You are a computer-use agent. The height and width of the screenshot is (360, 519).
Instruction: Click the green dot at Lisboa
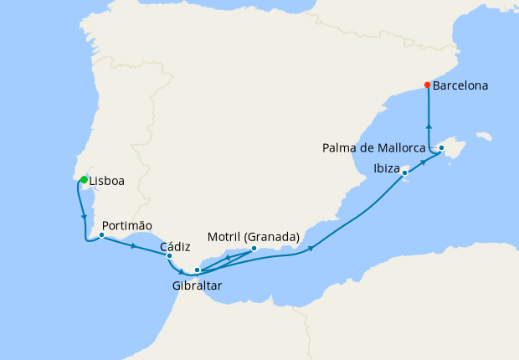pos(84,179)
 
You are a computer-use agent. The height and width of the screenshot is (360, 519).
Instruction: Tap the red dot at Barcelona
pos(428,85)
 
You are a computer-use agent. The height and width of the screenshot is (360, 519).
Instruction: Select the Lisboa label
pos(106,181)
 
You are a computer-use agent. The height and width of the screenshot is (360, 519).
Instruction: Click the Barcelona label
pos(461,85)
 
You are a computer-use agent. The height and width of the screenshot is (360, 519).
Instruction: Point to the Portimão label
pos(127,225)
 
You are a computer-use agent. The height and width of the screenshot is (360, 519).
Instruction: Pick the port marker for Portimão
pos(101,235)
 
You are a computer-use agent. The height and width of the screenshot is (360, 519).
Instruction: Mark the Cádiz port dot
pos(170,256)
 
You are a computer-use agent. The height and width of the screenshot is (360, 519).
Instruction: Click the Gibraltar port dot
pos(197,270)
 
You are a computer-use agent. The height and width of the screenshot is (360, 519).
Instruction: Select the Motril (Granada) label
pos(254,237)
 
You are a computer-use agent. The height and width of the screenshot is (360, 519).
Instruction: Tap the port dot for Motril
pos(254,248)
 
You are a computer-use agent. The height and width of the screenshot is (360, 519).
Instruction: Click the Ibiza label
pos(388,167)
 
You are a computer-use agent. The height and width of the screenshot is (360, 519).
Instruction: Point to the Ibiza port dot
pos(405,173)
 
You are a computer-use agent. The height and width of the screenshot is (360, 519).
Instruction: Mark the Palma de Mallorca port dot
pos(441,148)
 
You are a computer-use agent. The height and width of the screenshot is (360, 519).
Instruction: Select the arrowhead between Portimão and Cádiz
pos(134,246)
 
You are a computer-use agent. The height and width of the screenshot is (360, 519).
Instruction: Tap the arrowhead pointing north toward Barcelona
pos(429,128)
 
